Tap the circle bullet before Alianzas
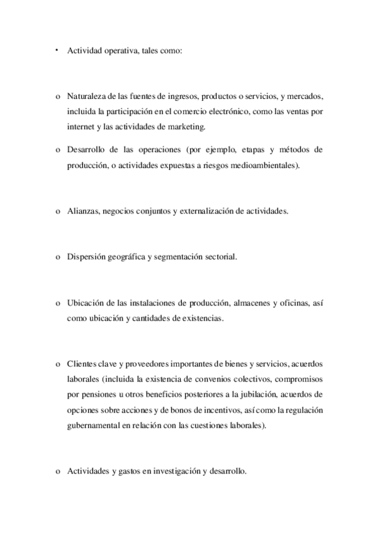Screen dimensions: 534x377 click(57, 212)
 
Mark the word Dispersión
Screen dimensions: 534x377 click(88, 257)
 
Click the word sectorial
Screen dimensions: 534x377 click(218, 257)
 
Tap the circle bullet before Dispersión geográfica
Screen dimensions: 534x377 click(57, 258)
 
